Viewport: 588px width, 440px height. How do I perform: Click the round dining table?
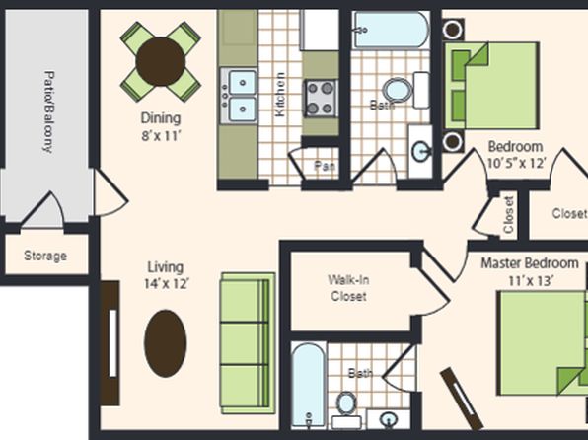pyautogui.click(x=160, y=61)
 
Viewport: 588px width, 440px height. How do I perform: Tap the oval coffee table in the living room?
pyautogui.click(x=166, y=343)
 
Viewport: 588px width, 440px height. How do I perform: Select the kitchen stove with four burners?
pyautogui.click(x=321, y=99)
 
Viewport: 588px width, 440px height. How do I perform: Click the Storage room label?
pyautogui.click(x=45, y=256)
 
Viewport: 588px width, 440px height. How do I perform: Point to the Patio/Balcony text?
pyautogui.click(x=48, y=111)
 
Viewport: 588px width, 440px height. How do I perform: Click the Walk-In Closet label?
pyautogui.click(x=348, y=288)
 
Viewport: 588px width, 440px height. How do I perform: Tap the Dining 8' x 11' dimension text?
pyautogui.click(x=161, y=126)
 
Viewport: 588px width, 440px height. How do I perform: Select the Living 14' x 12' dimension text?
pyautogui.click(x=166, y=275)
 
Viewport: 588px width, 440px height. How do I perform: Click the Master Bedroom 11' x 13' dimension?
pyautogui.click(x=530, y=271)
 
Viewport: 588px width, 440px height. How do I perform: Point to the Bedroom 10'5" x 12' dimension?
pyautogui.click(x=516, y=154)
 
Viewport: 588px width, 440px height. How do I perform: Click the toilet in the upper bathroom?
pyautogui.click(x=406, y=90)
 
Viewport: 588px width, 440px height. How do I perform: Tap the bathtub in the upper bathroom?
pyautogui.click(x=392, y=30)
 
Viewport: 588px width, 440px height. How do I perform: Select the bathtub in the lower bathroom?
pyautogui.click(x=309, y=385)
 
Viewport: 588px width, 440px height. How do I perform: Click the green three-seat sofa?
pyautogui.click(x=248, y=343)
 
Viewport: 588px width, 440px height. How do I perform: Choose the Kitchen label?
pyautogui.click(x=280, y=94)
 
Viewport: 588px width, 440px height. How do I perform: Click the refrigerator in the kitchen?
pyautogui.click(x=319, y=30)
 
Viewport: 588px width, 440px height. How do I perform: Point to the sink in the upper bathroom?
pyautogui.click(x=420, y=152)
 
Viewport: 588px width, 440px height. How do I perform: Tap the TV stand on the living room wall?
pyautogui.click(x=110, y=343)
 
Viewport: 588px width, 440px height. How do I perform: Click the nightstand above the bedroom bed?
pyautogui.click(x=453, y=30)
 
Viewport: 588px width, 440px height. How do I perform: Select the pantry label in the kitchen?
pyautogui.click(x=325, y=166)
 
